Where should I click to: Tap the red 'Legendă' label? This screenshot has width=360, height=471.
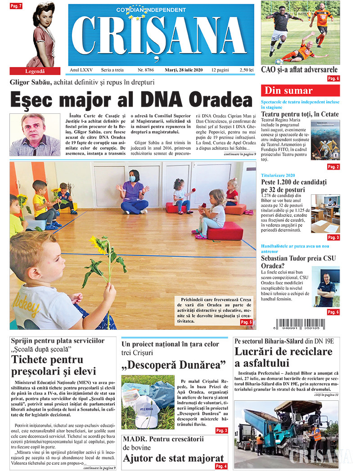point(35,71)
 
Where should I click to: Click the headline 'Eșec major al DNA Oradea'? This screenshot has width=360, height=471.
point(131,99)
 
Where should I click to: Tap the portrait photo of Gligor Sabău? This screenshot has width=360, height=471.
point(35,135)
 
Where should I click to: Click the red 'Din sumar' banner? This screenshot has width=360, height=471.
point(300,90)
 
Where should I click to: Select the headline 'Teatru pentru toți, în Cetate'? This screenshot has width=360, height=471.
point(300,115)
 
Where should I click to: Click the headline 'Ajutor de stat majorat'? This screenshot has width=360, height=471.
point(173,458)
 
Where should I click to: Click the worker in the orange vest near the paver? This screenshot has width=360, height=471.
point(316,433)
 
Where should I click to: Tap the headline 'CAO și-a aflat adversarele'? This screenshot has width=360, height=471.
point(299,70)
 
